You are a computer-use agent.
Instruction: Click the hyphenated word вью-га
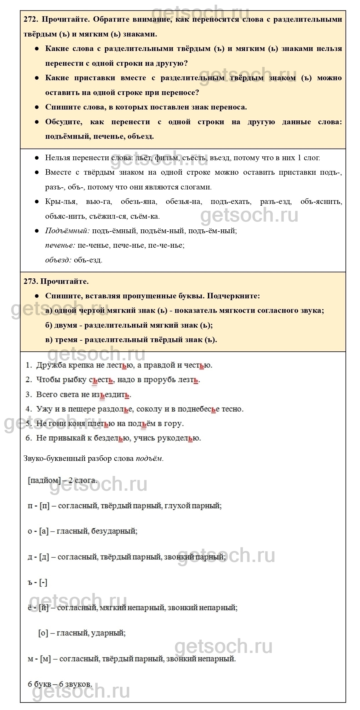pos(99,202)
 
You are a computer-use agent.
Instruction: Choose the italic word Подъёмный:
pos(67,231)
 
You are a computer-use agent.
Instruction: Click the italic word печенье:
pos(60,245)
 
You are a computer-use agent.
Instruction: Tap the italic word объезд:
pos(58,260)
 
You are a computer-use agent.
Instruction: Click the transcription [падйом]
pos(44,480)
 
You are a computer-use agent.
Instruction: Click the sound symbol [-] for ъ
pos(43,582)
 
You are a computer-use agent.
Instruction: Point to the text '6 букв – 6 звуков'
pos(60,684)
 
